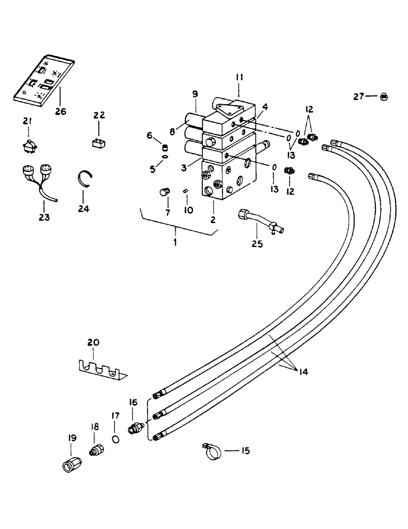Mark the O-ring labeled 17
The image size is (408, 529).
115,439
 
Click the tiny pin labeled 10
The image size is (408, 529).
186,191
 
